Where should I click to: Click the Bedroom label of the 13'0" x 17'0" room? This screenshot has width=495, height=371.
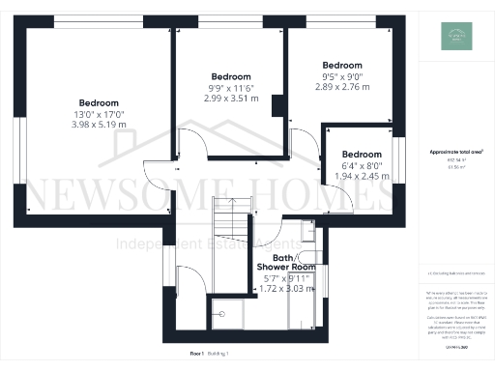[99, 103]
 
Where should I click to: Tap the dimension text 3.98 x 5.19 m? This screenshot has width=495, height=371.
[99, 125]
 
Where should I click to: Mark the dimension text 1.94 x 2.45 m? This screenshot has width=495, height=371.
[361, 176]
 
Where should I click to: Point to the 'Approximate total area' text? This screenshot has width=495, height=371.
[455, 153]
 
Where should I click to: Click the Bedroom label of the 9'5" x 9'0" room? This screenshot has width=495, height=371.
[341, 65]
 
